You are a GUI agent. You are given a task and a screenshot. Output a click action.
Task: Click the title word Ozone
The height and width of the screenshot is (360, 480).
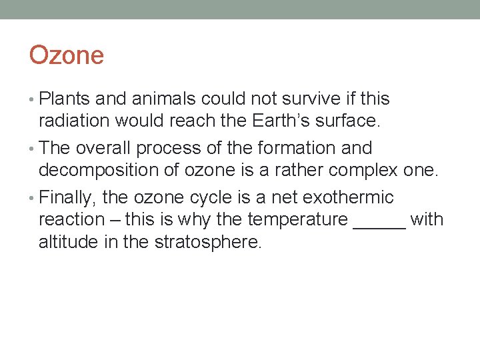pyautogui.click(x=67, y=55)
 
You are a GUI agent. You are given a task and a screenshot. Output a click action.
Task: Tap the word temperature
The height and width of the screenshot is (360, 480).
pyautogui.click(x=297, y=220)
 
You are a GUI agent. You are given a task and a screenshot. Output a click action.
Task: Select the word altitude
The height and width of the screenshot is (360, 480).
pyautogui.click(x=68, y=242)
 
